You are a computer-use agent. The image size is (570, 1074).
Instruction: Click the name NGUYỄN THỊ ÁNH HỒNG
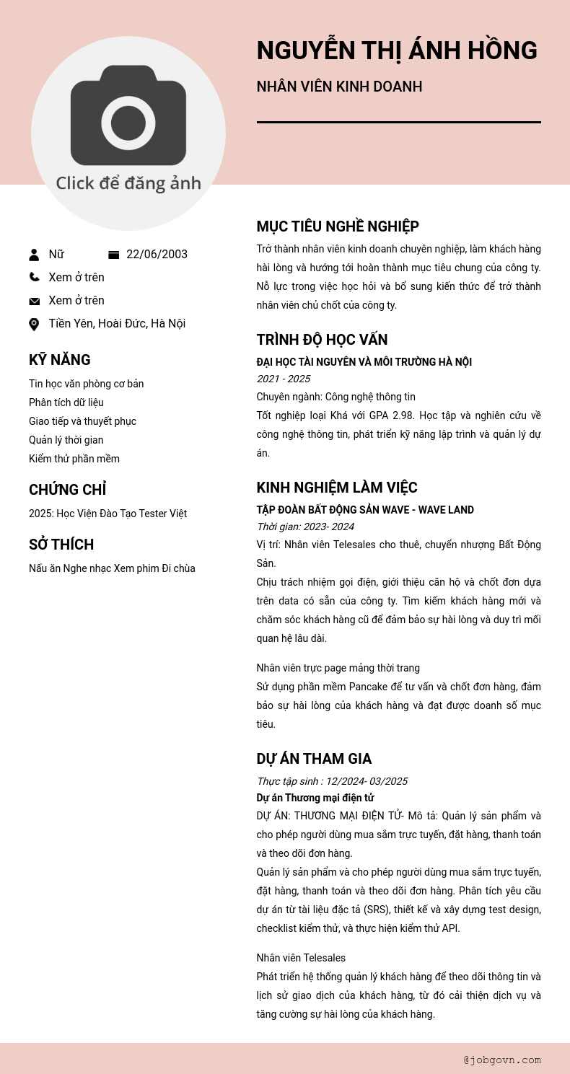tap(397, 50)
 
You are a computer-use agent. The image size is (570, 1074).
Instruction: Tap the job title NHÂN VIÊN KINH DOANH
tap(339, 87)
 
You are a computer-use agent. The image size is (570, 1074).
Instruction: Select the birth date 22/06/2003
tap(157, 254)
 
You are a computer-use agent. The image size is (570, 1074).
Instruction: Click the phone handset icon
tap(34, 277)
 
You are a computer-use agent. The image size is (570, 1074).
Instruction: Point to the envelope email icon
tap(34, 301)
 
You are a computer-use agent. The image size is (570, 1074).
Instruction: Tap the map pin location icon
tap(34, 324)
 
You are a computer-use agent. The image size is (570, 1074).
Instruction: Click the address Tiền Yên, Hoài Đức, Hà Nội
tap(117, 323)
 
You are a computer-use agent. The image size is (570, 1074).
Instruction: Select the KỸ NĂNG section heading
tap(60, 360)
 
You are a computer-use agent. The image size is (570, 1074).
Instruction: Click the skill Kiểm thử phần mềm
tap(74, 459)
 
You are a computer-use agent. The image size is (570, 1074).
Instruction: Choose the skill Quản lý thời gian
tap(66, 440)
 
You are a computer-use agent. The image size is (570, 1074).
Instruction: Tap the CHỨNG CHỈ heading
tap(67, 490)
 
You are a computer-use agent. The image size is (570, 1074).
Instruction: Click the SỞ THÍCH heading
tap(61, 545)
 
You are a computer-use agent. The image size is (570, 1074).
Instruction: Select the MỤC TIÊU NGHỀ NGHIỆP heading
tap(338, 226)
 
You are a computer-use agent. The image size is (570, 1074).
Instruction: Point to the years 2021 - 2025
tap(284, 379)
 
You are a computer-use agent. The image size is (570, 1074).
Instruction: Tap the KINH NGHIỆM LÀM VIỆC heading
tap(337, 488)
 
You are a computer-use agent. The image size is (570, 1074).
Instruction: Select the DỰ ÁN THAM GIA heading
tap(314, 759)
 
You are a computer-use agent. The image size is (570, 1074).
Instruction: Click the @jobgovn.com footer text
tap(502, 1060)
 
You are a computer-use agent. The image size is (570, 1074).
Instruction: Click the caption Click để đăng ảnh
tap(128, 183)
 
